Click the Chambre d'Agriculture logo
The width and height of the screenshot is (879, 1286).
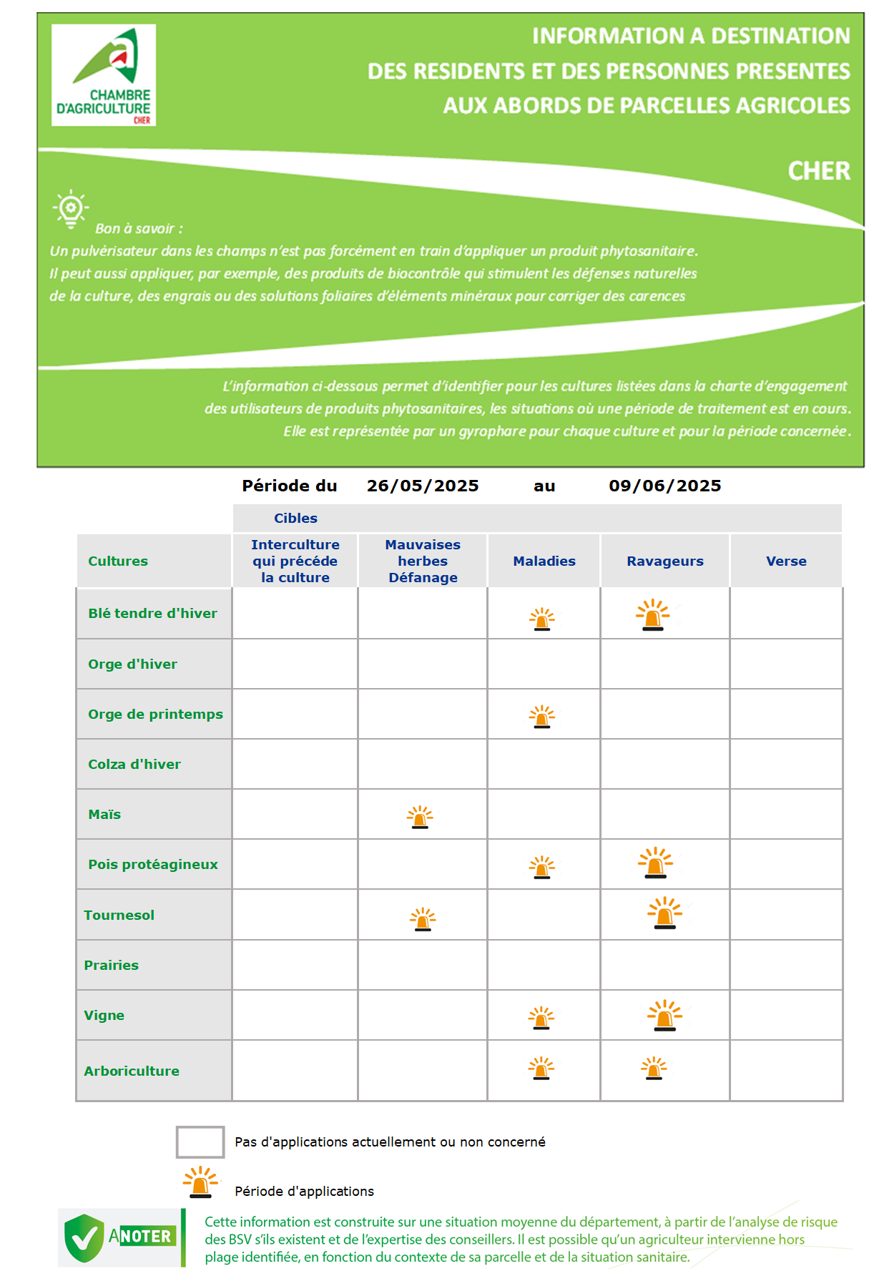coord(104,75)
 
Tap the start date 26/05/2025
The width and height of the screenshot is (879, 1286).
coord(423,486)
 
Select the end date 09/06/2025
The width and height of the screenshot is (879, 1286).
coord(665,486)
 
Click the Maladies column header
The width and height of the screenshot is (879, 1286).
coord(544,561)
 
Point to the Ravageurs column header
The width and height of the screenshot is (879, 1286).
coord(665,561)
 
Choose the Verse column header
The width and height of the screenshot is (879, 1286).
coord(786,561)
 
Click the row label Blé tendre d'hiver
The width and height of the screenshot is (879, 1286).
coord(152,613)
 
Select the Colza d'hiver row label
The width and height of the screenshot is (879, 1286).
coord(134,764)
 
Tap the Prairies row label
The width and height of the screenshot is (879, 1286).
coord(111,965)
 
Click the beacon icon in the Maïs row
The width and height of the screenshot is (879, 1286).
coord(420,817)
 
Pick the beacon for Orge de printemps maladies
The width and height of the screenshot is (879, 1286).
coord(542,716)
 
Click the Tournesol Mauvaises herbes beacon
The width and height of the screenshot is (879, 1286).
coord(423,919)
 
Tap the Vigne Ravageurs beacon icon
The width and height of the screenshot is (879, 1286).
coord(665,1015)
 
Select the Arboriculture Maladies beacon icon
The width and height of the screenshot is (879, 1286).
coord(541,1068)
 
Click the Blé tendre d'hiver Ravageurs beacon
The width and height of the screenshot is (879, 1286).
coord(653,614)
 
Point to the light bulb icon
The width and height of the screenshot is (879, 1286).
coord(71,209)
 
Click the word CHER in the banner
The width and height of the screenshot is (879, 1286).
coord(819,171)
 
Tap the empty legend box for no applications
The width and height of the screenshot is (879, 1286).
coord(200,1142)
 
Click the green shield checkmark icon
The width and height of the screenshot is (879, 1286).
coord(84,1237)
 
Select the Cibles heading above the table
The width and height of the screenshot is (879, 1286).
coord(295,518)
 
